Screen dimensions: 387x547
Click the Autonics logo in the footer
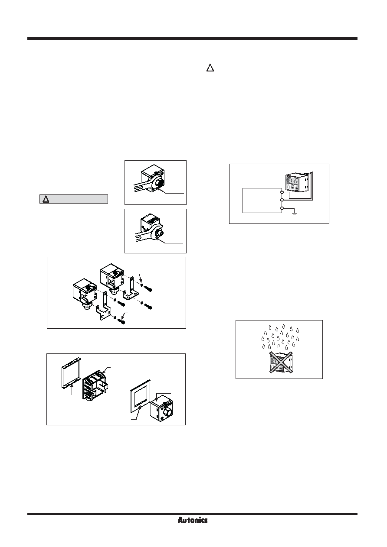[x=193, y=521]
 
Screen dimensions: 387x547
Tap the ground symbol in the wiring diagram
[x=295, y=214]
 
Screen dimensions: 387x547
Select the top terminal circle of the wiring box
[x=282, y=192]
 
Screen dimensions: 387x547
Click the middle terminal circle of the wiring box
[x=282, y=200]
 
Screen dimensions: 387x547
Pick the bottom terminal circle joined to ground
[x=282, y=208]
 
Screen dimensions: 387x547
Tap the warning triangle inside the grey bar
[x=46, y=199]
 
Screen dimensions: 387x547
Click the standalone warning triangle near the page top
[x=210, y=68]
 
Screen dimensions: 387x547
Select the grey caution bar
[x=74, y=199]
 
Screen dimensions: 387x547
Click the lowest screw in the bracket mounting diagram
[x=121, y=321]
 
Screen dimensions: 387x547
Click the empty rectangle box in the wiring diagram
[x=262, y=201]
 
